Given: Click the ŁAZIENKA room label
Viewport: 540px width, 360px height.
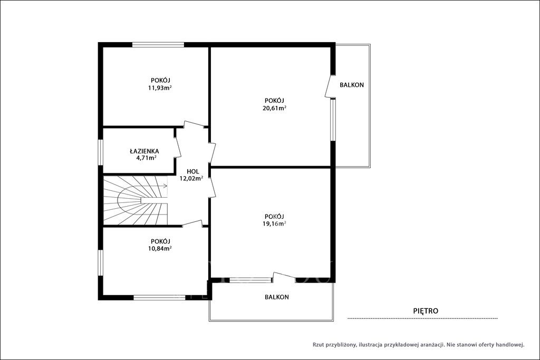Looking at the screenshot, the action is [x=144, y=151].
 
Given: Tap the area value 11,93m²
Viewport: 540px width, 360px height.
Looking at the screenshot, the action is [x=160, y=88].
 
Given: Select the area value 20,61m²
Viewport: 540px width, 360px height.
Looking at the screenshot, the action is [x=274, y=108].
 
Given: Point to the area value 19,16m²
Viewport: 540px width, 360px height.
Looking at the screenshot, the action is [x=274, y=223].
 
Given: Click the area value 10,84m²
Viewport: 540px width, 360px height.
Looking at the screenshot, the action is [x=160, y=248].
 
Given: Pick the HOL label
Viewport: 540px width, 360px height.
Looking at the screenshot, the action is [x=193, y=171].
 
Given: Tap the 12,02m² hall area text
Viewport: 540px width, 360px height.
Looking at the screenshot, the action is [x=191, y=178].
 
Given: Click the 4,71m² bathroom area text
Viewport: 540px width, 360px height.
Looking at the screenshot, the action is [x=147, y=158].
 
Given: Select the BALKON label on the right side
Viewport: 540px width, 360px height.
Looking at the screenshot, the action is [x=352, y=85].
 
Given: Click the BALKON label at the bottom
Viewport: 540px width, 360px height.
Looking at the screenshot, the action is [x=277, y=297].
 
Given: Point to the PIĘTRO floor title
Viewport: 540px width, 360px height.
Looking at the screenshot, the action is [x=426, y=311].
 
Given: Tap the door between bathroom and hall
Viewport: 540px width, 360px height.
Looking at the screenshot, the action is [x=177, y=144].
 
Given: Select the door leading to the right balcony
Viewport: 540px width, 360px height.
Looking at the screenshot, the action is [x=330, y=86].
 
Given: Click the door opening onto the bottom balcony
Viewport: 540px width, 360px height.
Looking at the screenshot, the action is [x=284, y=276].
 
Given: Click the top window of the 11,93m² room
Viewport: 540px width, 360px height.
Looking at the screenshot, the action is [x=158, y=44].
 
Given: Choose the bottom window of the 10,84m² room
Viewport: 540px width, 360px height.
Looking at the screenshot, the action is [x=159, y=298].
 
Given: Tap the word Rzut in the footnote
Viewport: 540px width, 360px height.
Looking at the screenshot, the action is [x=318, y=344].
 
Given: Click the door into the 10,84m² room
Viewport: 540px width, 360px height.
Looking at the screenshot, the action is [x=192, y=223].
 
